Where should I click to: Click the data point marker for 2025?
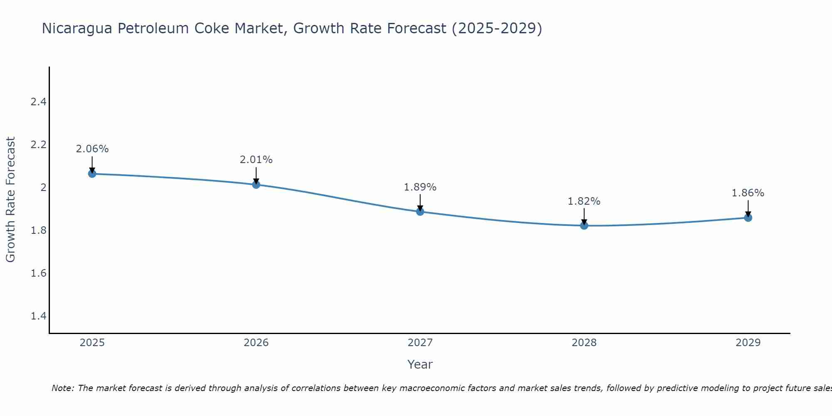pyautogui.click(x=92, y=173)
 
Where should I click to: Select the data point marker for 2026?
pyautogui.click(x=256, y=184)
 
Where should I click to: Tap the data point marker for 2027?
pyautogui.click(x=420, y=211)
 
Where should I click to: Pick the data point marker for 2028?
pyautogui.click(x=584, y=225)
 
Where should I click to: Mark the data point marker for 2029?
pyautogui.click(x=748, y=218)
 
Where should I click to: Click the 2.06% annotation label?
pyautogui.click(x=92, y=149)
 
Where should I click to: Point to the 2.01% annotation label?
pyautogui.click(x=256, y=160)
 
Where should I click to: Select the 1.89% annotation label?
pyautogui.click(x=420, y=187)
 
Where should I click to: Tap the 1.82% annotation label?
pyautogui.click(x=584, y=201)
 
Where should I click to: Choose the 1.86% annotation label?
pyautogui.click(x=748, y=193)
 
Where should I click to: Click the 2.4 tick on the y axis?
pyautogui.click(x=38, y=102)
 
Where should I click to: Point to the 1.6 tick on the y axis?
pyautogui.click(x=38, y=273)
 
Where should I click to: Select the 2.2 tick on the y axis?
pyautogui.click(x=38, y=145)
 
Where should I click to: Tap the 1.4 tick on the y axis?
pyautogui.click(x=38, y=316)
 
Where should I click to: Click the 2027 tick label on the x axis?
pyautogui.click(x=420, y=343)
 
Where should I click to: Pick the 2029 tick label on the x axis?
pyautogui.click(x=748, y=343)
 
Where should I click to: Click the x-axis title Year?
pyautogui.click(x=420, y=364)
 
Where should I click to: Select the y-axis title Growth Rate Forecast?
pyautogui.click(x=10, y=200)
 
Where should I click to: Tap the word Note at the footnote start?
pyautogui.click(x=62, y=388)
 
